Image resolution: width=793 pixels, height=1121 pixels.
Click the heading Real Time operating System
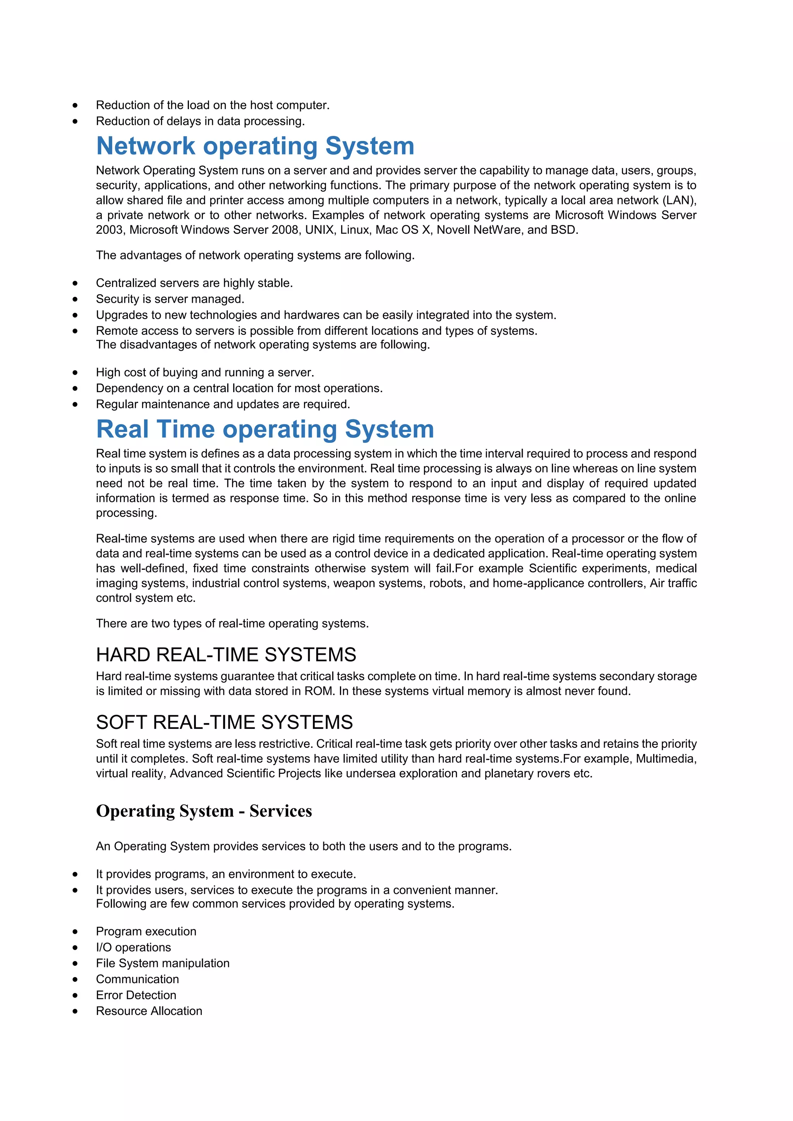tap(265, 429)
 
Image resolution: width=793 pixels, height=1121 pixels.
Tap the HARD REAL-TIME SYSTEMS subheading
tap(226, 655)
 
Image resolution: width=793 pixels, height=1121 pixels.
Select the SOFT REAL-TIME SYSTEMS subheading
tap(224, 722)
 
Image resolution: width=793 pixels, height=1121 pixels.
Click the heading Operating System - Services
tap(204, 811)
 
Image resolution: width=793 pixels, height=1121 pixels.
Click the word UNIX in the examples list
tap(319, 230)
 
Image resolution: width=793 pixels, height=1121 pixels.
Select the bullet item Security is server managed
tap(170, 299)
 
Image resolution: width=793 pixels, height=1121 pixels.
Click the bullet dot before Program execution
tap(75, 932)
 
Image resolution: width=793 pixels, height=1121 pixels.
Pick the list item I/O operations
tap(133, 947)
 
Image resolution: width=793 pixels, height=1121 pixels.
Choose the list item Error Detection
tap(136, 995)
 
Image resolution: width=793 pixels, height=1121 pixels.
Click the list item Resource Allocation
tap(149, 1011)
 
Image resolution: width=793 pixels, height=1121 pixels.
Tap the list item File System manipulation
tap(163, 963)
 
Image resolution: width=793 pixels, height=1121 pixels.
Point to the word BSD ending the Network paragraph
tap(563, 230)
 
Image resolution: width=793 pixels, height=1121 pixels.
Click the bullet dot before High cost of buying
tap(75, 372)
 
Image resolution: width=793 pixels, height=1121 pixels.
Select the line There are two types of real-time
tap(232, 624)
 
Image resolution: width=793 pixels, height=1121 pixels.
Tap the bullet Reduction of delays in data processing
tap(200, 121)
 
